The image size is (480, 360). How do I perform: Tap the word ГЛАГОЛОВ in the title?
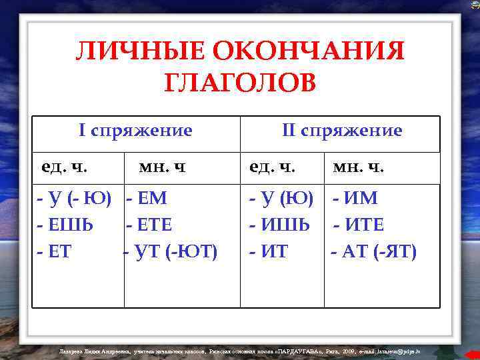point(240,83)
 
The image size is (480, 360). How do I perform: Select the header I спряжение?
point(135,130)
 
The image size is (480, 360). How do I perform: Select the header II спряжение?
point(342,130)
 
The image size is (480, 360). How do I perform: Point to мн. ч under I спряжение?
point(161,167)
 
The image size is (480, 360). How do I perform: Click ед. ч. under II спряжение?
point(272,166)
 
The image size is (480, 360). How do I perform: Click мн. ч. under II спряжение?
point(359,167)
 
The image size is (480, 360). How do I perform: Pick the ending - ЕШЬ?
point(65,225)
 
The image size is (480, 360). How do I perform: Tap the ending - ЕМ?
point(146,198)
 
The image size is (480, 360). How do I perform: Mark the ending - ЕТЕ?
point(149,225)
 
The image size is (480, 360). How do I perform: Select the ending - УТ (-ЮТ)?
point(171,252)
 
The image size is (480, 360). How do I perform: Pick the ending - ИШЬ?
point(279,225)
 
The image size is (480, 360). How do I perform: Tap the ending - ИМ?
point(355,198)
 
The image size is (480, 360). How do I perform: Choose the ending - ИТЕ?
point(358,225)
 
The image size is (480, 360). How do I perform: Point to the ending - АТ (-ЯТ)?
point(374,252)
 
